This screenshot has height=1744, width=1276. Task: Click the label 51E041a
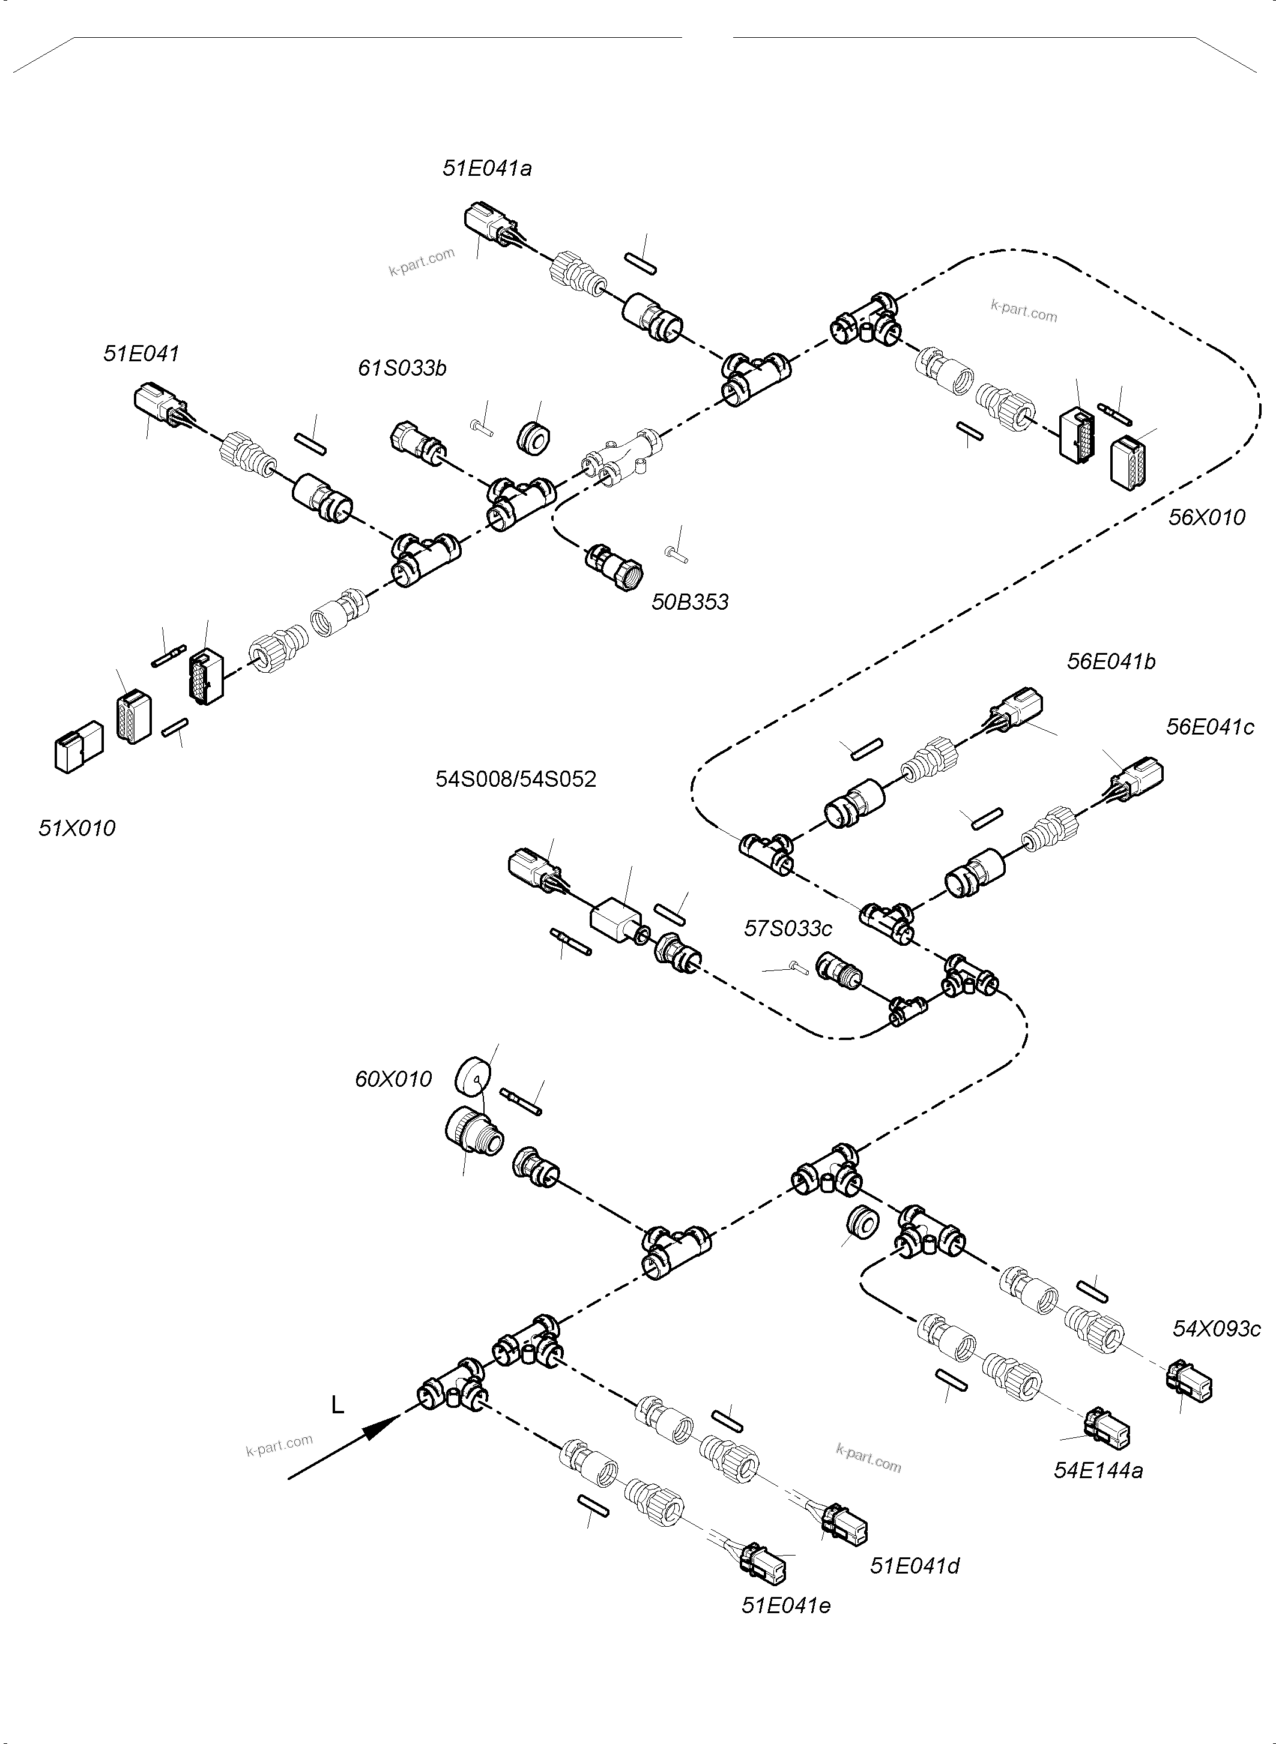pos(486,168)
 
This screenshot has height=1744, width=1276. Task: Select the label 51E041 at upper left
pos(141,353)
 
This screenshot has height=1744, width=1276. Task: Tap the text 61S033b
pos(402,368)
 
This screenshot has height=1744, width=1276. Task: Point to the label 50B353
pos(690,602)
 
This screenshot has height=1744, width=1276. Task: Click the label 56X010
pos(1206,517)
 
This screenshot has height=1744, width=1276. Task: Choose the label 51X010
pos(77,828)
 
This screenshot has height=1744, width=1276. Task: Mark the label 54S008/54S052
pos(516,779)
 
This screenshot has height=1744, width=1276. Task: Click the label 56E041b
pos(1111,661)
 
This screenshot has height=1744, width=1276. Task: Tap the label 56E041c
pos(1209,727)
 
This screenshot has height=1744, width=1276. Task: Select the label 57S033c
pos(788,929)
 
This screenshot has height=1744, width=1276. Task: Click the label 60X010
pos(393,1079)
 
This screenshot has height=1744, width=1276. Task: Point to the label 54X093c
pos(1217,1329)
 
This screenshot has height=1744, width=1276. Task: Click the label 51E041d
pos(915,1566)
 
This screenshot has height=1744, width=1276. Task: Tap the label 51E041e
pos(785,1606)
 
